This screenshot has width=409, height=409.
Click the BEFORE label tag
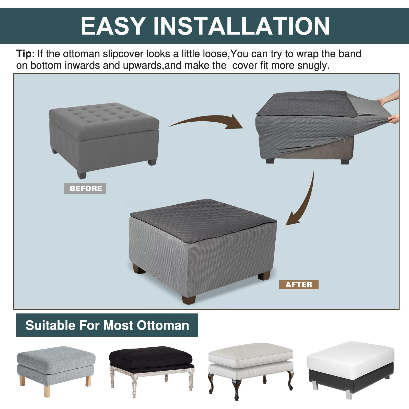[x=85, y=188]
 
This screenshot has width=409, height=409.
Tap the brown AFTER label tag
[x=299, y=285]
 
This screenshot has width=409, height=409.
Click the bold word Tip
[x=24, y=54]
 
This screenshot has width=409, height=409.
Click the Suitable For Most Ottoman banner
[x=107, y=325]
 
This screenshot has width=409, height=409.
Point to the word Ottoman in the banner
[x=163, y=325]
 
